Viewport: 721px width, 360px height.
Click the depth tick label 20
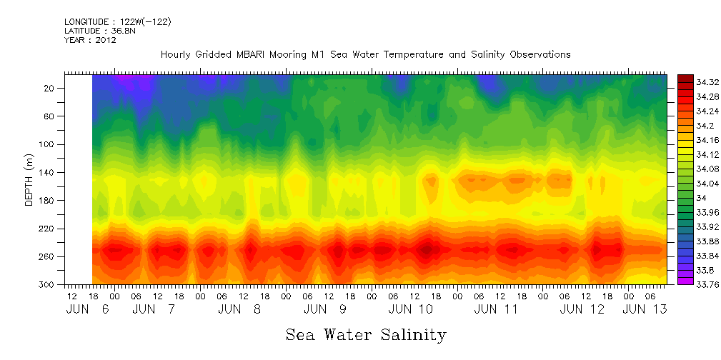(50, 88)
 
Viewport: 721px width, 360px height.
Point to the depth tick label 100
(48, 144)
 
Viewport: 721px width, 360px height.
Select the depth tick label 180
(48, 201)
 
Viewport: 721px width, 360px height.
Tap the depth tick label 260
(48, 256)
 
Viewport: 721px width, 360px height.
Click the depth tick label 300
(48, 284)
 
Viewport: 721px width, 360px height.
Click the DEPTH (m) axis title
(29, 184)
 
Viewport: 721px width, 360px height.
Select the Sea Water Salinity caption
(366, 334)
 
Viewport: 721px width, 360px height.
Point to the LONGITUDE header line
(117, 22)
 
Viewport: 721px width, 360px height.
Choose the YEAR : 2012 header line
(90, 40)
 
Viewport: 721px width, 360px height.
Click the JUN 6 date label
(87, 309)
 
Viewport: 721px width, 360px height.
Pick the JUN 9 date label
(325, 309)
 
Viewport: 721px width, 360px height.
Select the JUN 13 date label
(645, 309)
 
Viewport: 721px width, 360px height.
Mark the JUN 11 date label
(495, 309)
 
